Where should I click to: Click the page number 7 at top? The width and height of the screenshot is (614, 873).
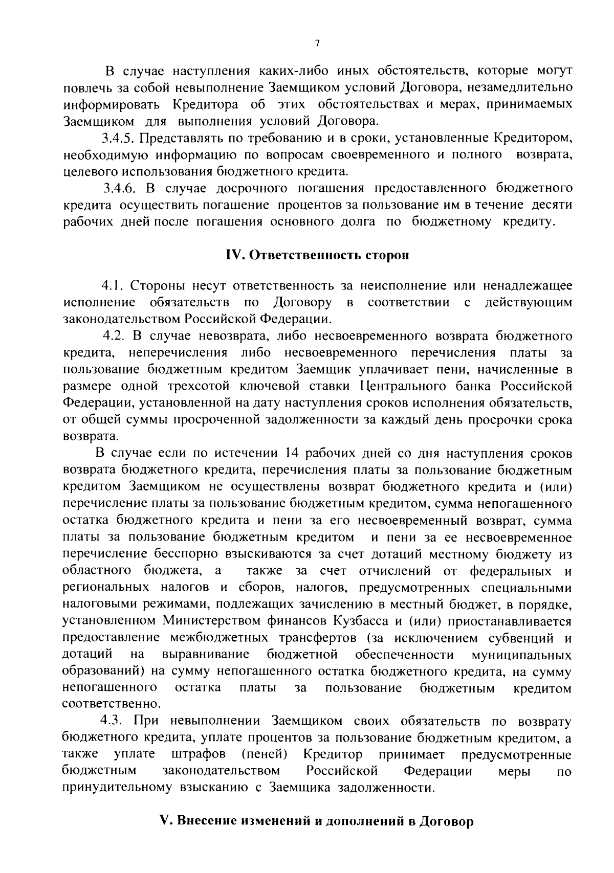pyautogui.click(x=317, y=44)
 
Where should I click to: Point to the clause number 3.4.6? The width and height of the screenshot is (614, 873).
pyautogui.click(x=119, y=188)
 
